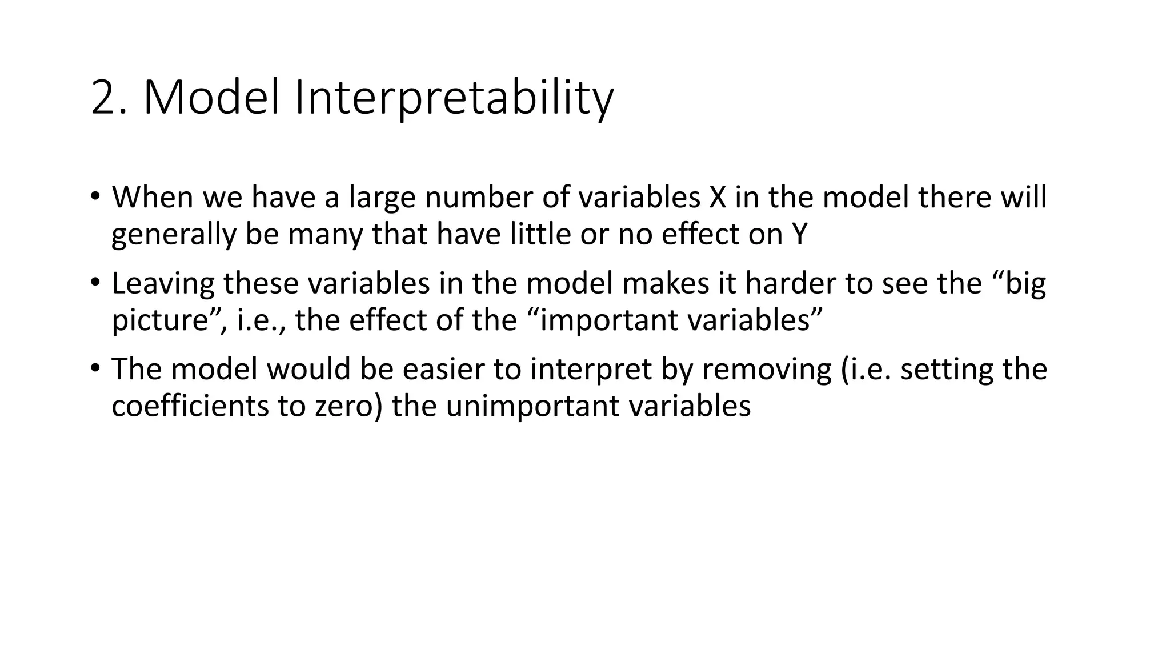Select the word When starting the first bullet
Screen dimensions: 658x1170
[x=152, y=197]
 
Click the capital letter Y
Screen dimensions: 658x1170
[x=799, y=234]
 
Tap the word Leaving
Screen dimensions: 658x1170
[x=163, y=283]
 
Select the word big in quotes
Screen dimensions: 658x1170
[x=1025, y=283]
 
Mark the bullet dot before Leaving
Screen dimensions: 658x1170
[x=95, y=282]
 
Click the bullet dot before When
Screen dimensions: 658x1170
[x=95, y=196]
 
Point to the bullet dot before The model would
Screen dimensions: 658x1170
[x=95, y=367]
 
